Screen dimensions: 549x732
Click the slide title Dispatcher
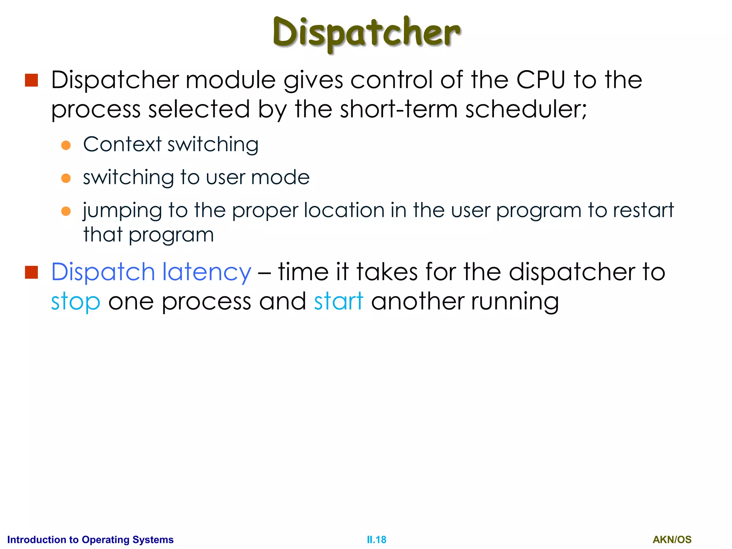[366, 33]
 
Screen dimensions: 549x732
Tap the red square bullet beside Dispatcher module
[31, 80]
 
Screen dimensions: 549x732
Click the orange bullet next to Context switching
[66, 145]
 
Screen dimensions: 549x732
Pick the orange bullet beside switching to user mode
[66, 178]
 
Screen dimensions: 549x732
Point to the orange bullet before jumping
[66, 211]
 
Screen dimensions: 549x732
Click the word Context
[122, 144]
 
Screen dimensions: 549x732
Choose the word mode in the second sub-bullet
[280, 177]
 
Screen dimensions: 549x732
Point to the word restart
[643, 210]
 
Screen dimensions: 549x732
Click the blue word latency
[207, 272]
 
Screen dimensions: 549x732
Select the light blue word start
[338, 301]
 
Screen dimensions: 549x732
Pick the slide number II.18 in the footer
[376, 540]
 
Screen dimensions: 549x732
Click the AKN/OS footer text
[672, 540]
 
